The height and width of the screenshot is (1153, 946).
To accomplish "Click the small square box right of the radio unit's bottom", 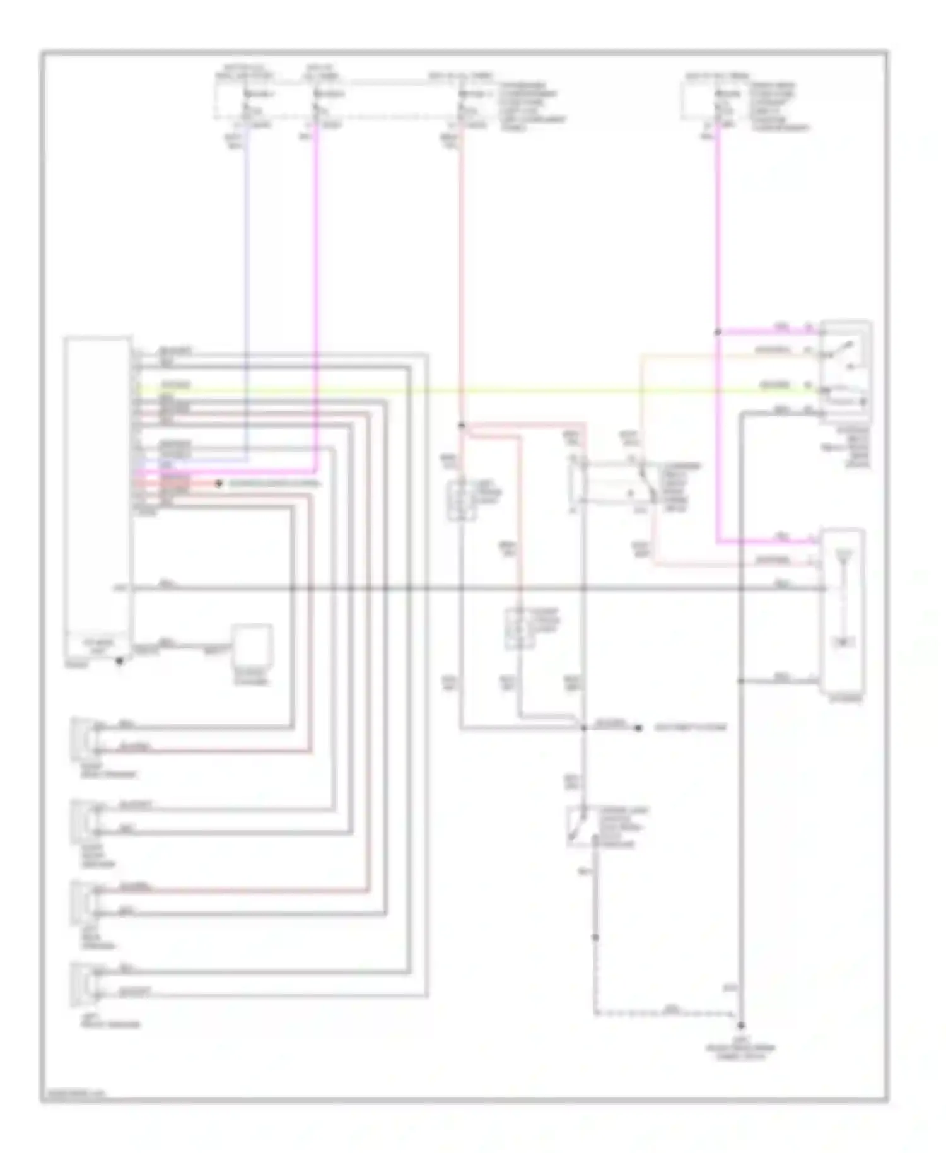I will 252,645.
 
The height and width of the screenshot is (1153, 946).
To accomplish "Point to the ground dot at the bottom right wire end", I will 742,1026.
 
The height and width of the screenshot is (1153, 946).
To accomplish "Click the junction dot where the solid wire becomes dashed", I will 595,938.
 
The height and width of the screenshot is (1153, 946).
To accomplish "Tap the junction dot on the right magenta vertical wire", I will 718,332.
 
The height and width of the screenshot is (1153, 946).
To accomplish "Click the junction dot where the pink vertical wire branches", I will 462,426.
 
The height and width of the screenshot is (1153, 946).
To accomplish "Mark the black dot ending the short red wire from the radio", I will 219,484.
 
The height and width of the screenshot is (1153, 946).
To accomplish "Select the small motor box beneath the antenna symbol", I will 843,643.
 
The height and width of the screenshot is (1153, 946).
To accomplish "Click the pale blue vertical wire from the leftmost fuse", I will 247,284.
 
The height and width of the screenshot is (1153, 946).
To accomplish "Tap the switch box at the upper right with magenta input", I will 845,372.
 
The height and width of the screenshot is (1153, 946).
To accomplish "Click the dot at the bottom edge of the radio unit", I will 119,661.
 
